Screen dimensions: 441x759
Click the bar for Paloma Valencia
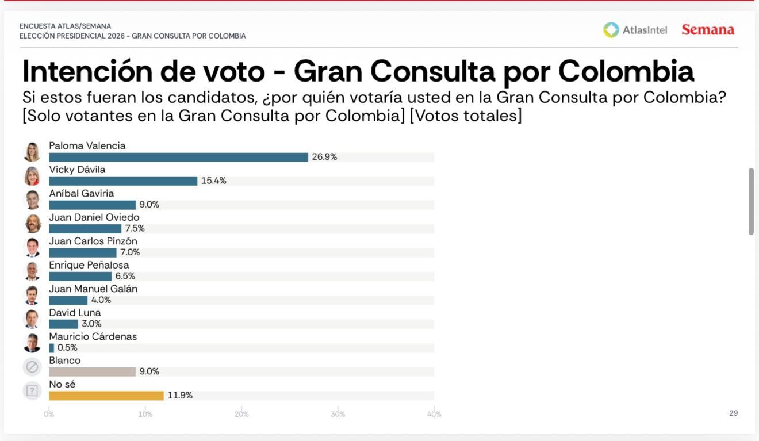click(x=178, y=157)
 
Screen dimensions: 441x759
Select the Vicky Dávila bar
click(x=123, y=181)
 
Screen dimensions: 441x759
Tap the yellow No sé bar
click(x=106, y=396)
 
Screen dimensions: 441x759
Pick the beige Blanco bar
click(x=92, y=372)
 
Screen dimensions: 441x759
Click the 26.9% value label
click(x=324, y=157)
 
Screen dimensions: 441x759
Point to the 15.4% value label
click(x=213, y=181)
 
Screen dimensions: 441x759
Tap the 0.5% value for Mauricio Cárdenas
click(x=67, y=348)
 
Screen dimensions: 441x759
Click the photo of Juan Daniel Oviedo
click(x=33, y=223)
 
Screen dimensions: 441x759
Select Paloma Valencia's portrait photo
click(x=33, y=152)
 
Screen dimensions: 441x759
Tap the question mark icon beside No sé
click(x=32, y=390)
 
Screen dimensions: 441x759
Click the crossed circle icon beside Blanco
click(x=32, y=366)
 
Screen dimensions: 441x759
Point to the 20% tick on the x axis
click(x=241, y=414)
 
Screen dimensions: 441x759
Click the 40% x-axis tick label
click(x=434, y=414)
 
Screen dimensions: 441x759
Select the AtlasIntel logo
click(x=635, y=30)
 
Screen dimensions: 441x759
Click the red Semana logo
click(x=708, y=30)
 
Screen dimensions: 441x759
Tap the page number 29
click(x=733, y=413)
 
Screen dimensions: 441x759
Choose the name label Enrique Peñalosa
click(x=89, y=265)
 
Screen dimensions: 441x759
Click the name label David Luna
click(x=75, y=313)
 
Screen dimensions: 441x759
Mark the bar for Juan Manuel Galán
click(x=68, y=300)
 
